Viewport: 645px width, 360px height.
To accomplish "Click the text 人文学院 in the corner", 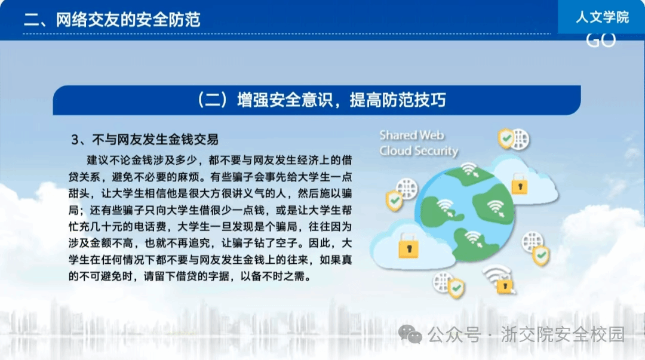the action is coord(602,17).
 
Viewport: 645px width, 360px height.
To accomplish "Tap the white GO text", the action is coord(601,41).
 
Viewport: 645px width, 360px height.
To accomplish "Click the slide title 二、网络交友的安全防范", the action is coord(112,19).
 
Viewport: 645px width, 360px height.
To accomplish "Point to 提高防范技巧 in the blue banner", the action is coord(398,100).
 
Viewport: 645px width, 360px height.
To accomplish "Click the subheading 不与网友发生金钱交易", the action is coord(155,140).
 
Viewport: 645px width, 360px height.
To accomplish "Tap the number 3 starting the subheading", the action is coord(75,140).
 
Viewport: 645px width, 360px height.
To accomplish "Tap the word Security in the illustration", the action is coord(436,151).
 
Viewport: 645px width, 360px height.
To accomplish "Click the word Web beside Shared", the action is coord(432,136).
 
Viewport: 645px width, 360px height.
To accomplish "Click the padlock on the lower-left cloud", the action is coord(408,246).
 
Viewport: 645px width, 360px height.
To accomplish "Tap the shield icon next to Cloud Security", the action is coord(506,139).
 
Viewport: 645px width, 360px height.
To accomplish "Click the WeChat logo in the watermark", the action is coord(410,334).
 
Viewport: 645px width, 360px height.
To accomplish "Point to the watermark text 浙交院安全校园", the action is coord(563,334).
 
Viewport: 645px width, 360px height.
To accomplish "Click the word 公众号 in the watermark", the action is coord(454,334).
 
